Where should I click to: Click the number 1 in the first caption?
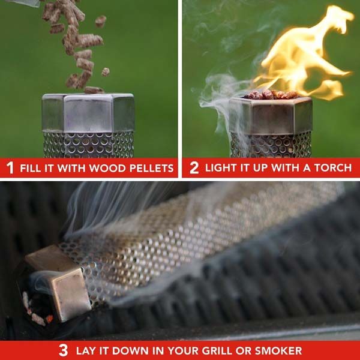click(10, 167)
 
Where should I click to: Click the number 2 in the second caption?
click(194, 168)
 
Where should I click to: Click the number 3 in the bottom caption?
click(63, 350)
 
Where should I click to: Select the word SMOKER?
click(278, 350)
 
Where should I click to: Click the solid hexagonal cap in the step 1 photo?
click(88, 113)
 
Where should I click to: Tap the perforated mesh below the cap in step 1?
click(88, 145)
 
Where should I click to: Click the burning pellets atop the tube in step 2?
click(271, 94)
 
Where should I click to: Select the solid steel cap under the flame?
click(271, 116)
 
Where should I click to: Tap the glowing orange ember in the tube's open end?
click(49, 319)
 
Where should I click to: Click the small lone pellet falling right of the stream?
click(106, 72)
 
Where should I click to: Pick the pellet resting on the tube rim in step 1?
click(94, 90)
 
